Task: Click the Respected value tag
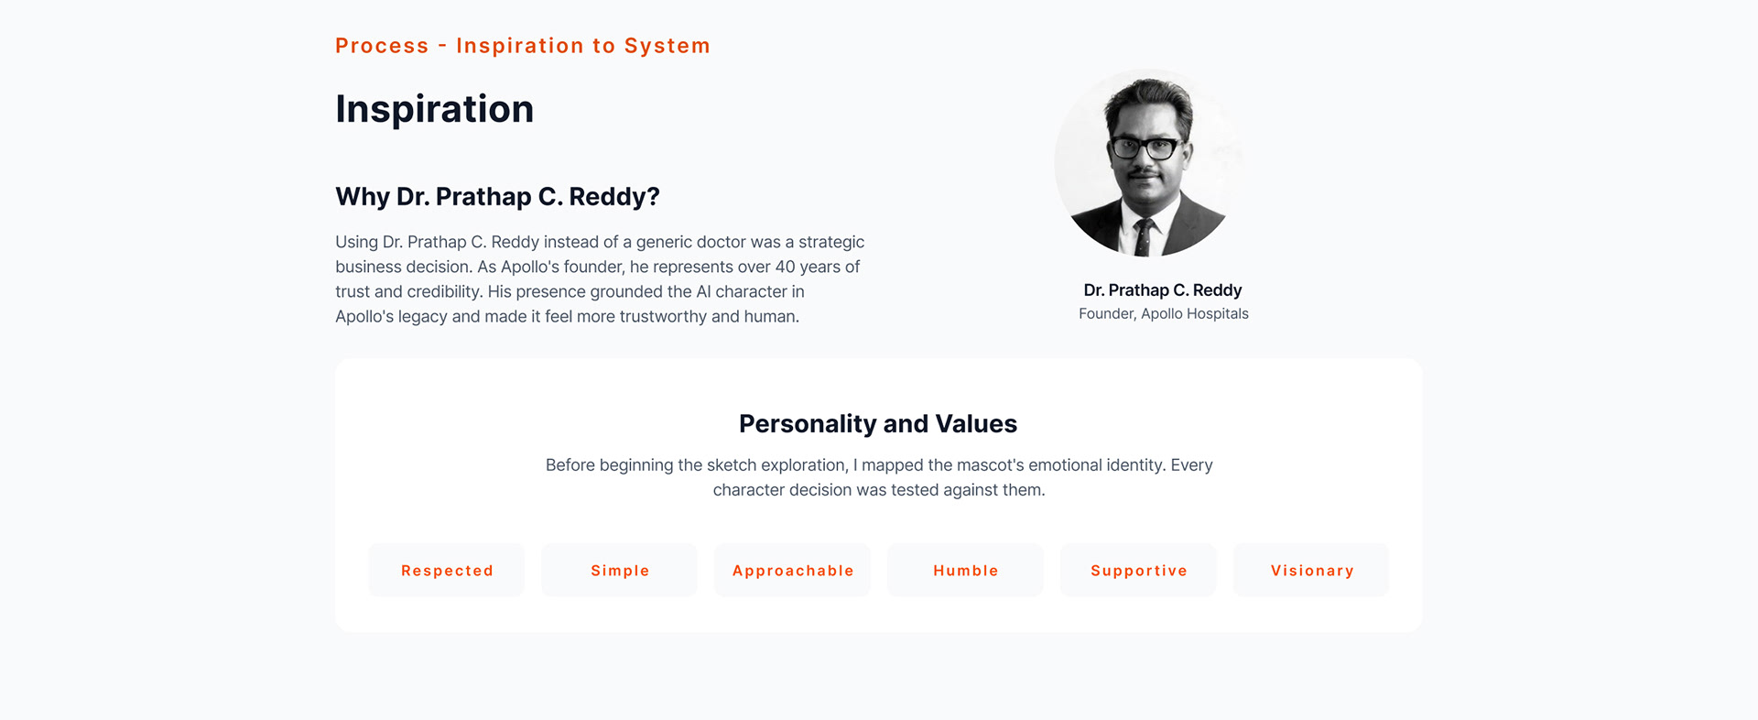coord(447,570)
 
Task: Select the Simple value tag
coord(620,570)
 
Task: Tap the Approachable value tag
coord(793,570)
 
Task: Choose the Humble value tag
coord(966,570)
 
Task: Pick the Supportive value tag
coord(1139,570)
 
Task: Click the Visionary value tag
coord(1311,570)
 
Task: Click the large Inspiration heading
coord(435,109)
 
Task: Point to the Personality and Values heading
coord(878,424)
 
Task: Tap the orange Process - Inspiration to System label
coord(523,46)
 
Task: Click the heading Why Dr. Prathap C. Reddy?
coord(497,197)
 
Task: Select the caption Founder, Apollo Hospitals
coord(1164,313)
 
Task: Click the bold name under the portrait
coord(1163,289)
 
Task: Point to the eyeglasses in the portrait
coord(1145,147)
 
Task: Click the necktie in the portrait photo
coord(1144,237)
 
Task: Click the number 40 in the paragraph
coord(786,267)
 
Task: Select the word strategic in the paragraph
coord(831,243)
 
